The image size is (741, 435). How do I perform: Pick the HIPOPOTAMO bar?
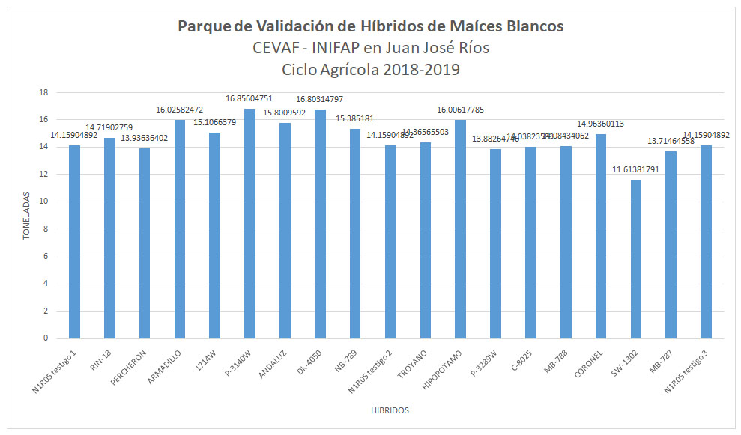[x=460, y=229]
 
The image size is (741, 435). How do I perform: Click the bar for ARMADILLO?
[x=180, y=229]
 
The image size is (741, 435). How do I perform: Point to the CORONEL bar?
[x=600, y=236]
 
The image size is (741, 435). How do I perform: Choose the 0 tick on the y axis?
[x=46, y=338]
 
